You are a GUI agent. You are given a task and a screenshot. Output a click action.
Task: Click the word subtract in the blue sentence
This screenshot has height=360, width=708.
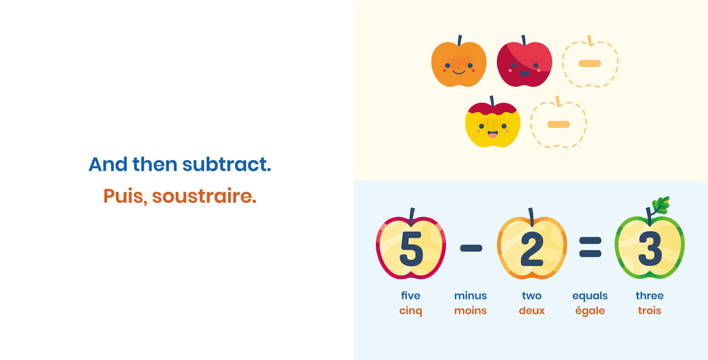[227, 164]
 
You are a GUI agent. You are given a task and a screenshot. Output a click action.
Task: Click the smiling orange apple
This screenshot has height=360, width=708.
[458, 64]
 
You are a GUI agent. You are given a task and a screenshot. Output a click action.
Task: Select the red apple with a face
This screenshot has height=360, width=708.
[525, 63]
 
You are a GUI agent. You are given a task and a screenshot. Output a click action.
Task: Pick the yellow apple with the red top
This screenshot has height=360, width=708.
[492, 124]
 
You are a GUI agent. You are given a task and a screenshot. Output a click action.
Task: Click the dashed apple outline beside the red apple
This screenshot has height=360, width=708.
[590, 63]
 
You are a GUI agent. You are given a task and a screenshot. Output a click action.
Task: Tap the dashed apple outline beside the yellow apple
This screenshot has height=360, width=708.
[558, 124]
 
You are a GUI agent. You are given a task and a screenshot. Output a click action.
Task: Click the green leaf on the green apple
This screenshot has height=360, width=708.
[660, 205]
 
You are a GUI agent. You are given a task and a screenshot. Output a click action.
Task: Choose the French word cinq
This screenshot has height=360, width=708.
[411, 310]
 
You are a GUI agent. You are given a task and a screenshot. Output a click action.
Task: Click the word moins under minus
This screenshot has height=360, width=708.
[470, 310]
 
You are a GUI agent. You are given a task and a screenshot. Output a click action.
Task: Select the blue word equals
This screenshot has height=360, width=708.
[590, 296]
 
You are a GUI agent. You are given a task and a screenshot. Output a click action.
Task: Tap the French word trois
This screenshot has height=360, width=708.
[649, 310]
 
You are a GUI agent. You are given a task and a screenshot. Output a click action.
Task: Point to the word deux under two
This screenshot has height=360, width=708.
[532, 310]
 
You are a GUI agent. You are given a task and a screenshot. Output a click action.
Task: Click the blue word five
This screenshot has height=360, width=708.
[411, 296]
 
